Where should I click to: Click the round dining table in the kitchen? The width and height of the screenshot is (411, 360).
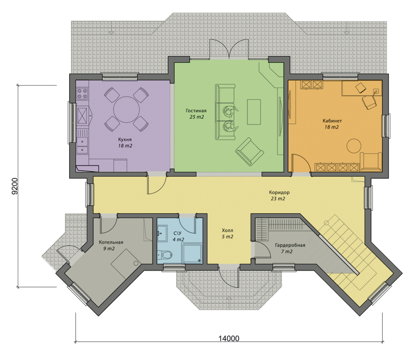(x=126, y=109)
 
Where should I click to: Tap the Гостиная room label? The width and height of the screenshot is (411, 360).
(x=196, y=111)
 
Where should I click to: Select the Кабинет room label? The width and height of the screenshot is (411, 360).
(x=332, y=121)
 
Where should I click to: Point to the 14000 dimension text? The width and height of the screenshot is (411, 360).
(x=229, y=339)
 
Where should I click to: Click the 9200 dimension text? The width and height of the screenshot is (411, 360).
(x=15, y=186)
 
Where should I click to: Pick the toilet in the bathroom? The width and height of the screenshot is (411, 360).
(x=165, y=254)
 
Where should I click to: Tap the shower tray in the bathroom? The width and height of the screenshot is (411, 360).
(x=192, y=254)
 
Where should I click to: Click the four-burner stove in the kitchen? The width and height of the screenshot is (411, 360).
(x=82, y=94)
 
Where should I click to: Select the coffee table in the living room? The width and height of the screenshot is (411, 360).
(x=254, y=112)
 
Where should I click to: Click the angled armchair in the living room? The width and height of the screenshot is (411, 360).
(x=249, y=152)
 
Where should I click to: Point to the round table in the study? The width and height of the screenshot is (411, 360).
(x=353, y=145)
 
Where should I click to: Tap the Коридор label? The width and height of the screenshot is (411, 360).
(x=279, y=192)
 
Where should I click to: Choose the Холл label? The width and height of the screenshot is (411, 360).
(x=227, y=231)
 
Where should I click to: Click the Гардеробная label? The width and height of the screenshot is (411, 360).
(x=290, y=245)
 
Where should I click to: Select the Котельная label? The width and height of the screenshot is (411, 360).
(x=111, y=242)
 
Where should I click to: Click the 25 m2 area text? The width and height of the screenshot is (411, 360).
(x=196, y=117)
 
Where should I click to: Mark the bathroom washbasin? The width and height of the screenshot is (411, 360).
(x=162, y=233)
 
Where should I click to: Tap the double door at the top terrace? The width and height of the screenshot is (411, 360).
(x=229, y=49)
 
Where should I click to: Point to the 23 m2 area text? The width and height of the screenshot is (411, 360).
(x=278, y=198)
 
